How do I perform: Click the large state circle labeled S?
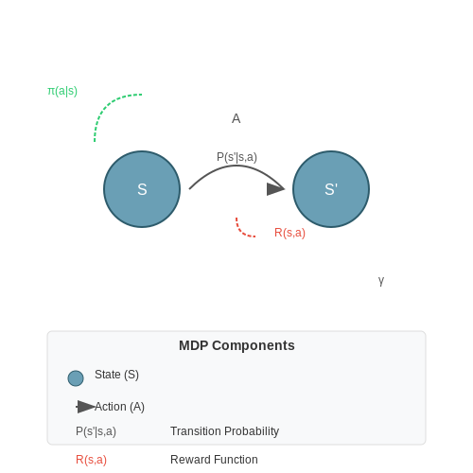[142, 189]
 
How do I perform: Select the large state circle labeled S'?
[331, 189]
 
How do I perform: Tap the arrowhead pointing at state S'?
[275, 189]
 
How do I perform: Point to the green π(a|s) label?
[62, 91]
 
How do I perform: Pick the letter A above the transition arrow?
[236, 119]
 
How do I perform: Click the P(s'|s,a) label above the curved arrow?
[236, 157]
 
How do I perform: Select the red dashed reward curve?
[242, 232]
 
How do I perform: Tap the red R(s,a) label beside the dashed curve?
[289, 233]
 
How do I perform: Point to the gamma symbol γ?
[381, 280]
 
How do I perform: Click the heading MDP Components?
[236, 345]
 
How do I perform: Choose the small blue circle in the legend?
[76, 378]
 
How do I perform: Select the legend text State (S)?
[116, 375]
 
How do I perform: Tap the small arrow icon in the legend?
[85, 407]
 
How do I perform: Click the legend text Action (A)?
[119, 407]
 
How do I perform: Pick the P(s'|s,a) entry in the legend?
[96, 431]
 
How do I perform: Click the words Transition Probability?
[225, 431]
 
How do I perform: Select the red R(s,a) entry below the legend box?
[91, 460]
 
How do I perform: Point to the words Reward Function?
[214, 460]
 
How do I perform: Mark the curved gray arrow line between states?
[236, 166]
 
